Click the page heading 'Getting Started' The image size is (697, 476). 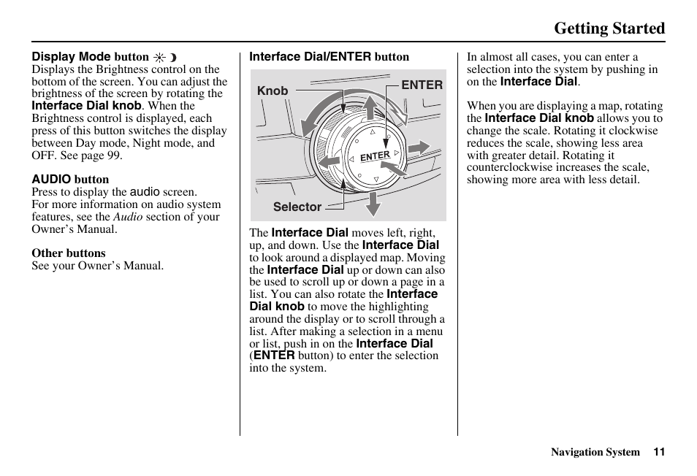pos(609,28)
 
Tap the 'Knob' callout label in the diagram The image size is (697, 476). pos(273,91)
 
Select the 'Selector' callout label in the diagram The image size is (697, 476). pos(297,207)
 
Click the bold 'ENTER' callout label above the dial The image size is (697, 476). pos(422,85)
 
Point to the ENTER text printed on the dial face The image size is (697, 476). pos(375,156)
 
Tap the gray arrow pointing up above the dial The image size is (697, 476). pos(370,107)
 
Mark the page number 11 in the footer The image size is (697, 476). pos(659,452)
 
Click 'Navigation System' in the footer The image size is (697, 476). pos(595,452)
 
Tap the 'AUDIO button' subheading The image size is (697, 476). pos(70,180)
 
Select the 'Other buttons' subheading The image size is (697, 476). pos(68,253)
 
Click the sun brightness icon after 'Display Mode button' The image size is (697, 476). pos(159,57)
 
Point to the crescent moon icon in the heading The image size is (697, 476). pos(173,57)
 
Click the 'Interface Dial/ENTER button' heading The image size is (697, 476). pos(329,57)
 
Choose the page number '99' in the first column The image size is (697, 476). pos(115,156)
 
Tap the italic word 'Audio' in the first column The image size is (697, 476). pos(128,217)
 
